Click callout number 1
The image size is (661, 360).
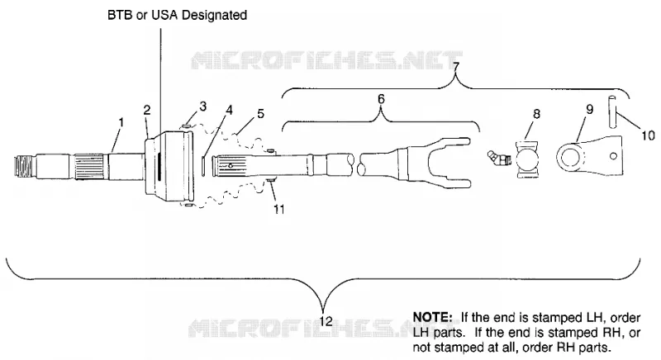(x=121, y=123)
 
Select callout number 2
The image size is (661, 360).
(x=147, y=111)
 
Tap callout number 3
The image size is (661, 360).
(x=202, y=107)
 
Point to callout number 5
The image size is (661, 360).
(x=260, y=114)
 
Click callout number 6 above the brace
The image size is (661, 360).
(x=381, y=99)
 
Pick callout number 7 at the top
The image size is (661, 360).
(x=456, y=66)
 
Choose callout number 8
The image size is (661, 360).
(x=536, y=114)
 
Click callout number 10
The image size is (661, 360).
(x=648, y=135)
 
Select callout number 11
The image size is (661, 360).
(x=279, y=209)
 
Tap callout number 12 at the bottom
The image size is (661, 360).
(x=326, y=322)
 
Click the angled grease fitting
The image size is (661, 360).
(x=499, y=159)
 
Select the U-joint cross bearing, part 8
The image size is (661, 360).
(x=527, y=160)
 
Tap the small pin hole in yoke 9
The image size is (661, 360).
(x=613, y=156)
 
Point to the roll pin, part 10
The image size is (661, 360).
(x=611, y=111)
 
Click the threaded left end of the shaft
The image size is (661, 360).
(x=24, y=166)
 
